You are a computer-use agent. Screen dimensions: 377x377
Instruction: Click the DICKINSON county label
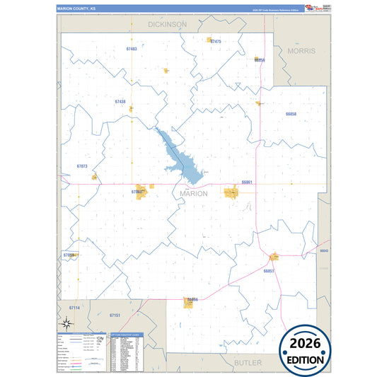tap(168, 24)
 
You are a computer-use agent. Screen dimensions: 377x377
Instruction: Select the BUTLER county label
tap(248, 361)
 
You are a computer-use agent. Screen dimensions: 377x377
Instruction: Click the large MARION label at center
tap(194, 193)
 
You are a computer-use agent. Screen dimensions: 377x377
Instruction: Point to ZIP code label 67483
tap(132, 49)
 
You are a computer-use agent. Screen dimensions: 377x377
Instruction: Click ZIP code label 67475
tap(216, 42)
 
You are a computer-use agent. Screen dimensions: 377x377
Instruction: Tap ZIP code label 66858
tap(291, 114)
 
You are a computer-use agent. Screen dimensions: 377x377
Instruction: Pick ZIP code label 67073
tap(82, 166)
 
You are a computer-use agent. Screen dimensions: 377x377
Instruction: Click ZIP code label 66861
tap(247, 182)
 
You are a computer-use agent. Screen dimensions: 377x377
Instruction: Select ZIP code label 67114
tap(75, 308)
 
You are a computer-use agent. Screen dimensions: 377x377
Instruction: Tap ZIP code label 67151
tap(115, 315)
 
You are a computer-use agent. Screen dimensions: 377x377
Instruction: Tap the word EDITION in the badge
tap(306, 359)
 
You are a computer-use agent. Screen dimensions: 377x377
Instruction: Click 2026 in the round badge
tap(306, 344)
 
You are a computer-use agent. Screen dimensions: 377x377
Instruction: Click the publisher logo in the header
tap(312, 8)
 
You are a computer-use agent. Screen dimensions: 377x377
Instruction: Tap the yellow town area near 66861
tap(231, 192)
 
